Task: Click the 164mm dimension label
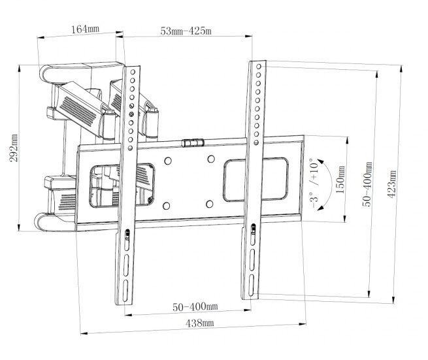[x=86, y=29]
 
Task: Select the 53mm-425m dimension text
[x=186, y=31]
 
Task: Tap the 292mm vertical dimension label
[x=13, y=148]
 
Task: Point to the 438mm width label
[x=199, y=323]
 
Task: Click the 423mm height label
[x=391, y=184]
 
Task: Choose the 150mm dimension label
[x=340, y=180]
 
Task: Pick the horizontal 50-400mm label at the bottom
[x=195, y=307]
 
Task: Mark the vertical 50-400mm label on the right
[x=367, y=184]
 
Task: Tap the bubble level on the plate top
[x=193, y=142]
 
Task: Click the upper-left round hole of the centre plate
[x=168, y=161]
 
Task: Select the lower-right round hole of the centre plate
[x=209, y=204]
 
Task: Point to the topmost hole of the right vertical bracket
[x=259, y=67]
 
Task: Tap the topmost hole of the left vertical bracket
[x=133, y=72]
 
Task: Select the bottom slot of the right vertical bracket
[x=251, y=286]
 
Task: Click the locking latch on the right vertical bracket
[x=254, y=229]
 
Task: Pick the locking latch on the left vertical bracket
[x=127, y=235]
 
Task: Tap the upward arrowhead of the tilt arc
[x=320, y=161]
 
